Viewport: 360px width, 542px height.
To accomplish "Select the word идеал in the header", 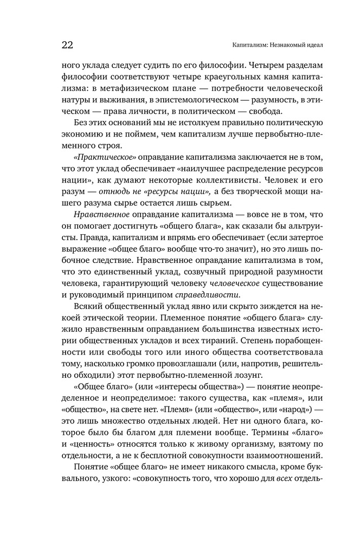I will point(310,44).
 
